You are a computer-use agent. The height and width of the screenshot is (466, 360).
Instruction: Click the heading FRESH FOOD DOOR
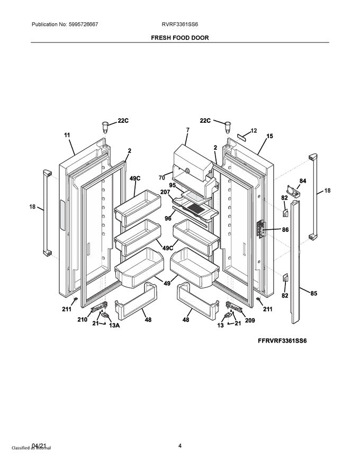tap(179, 38)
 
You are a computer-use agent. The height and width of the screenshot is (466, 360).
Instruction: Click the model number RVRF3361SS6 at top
tap(180, 24)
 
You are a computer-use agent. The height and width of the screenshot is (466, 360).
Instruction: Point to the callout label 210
tap(82, 319)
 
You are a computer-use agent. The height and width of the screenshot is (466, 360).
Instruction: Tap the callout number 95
tap(172, 185)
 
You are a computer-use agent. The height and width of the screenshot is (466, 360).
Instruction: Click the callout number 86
tap(285, 230)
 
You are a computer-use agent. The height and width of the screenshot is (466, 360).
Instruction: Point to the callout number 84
tap(302, 181)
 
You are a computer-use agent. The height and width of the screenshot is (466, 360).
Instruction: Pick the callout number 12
tap(253, 130)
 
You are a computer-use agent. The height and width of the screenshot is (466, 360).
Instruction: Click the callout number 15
tap(269, 136)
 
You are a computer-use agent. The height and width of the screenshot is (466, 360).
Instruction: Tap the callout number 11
tap(67, 135)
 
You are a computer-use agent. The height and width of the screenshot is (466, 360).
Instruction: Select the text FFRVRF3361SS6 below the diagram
tap(282, 340)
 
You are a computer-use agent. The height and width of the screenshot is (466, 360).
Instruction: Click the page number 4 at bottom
tap(180, 446)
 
